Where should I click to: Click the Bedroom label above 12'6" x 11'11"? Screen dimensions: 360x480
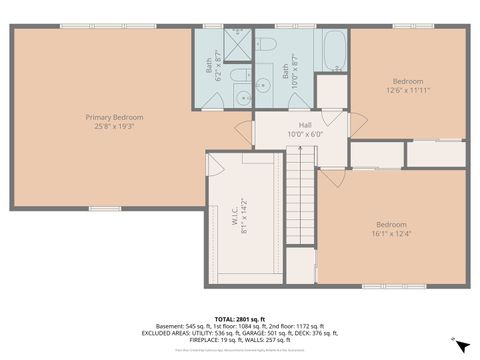(x=407, y=81)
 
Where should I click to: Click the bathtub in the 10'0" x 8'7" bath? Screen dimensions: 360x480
(x=333, y=47)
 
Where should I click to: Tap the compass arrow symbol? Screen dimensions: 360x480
(x=458, y=345)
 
